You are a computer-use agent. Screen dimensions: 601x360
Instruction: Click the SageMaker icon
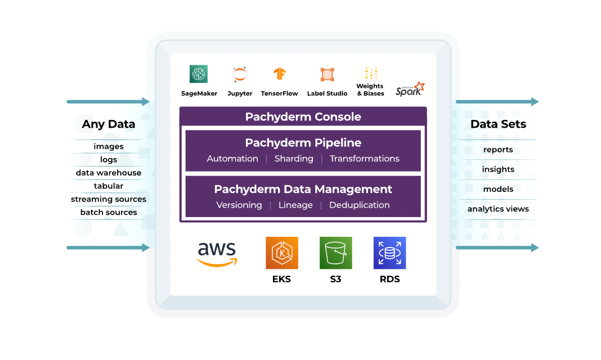199,74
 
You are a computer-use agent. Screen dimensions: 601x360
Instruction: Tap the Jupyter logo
240,74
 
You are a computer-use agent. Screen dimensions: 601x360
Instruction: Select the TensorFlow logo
280,74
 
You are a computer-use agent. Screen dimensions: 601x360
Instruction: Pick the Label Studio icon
327,74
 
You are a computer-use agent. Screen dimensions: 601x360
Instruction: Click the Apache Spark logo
410,89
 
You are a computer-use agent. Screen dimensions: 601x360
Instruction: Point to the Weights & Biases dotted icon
371,73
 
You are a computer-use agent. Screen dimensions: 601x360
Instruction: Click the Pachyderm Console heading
303,116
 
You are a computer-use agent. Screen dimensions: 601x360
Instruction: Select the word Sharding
294,159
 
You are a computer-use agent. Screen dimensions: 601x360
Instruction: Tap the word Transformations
365,159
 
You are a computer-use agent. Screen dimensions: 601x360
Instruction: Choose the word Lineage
295,205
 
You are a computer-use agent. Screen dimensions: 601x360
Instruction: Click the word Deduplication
359,205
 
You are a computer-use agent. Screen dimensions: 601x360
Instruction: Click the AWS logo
217,254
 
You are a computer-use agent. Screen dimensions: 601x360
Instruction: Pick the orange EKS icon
282,253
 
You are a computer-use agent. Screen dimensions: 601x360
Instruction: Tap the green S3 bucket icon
336,253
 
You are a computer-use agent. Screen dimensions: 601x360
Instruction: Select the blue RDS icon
390,253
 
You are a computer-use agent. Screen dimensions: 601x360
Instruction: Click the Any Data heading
109,124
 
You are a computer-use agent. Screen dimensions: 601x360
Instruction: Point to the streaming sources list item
109,199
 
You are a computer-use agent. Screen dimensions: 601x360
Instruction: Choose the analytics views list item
498,209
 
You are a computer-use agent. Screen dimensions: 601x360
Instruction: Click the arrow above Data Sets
497,101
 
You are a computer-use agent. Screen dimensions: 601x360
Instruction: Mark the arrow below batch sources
108,247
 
